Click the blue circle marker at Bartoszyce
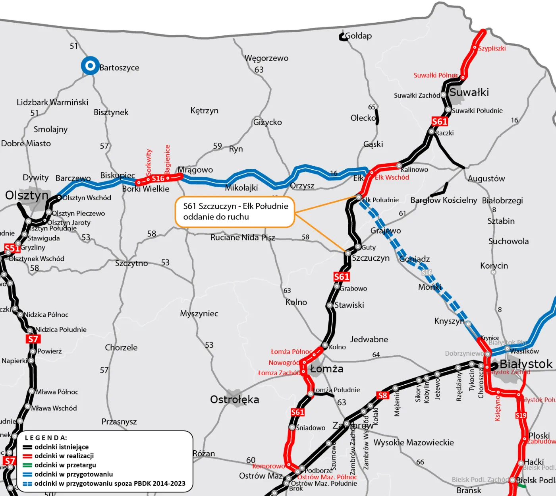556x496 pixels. pyautogui.click(x=90, y=66)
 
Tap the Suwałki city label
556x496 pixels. pyautogui.click(x=469, y=93)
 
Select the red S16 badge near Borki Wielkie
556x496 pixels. pyautogui.click(x=158, y=178)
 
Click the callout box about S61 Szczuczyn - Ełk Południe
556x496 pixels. pyautogui.click(x=235, y=211)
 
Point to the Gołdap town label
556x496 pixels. pyautogui.click(x=358, y=36)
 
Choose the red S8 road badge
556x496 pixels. pyautogui.click(x=382, y=395)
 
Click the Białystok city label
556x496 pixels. pyautogui.click(x=526, y=364)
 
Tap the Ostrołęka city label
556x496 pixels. pyautogui.click(x=234, y=399)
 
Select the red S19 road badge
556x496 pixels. pyautogui.click(x=521, y=415)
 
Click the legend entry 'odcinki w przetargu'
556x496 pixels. pyautogui.click(x=65, y=465)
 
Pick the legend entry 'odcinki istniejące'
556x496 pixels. pyautogui.click(x=62, y=447)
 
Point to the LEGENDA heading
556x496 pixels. pyautogui.click(x=46, y=438)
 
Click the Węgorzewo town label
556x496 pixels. pyautogui.click(x=266, y=58)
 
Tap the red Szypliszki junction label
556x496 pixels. pyautogui.click(x=492, y=48)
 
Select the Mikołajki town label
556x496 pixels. pyautogui.click(x=241, y=188)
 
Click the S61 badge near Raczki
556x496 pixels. pyautogui.click(x=440, y=121)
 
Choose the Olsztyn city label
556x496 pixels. pyautogui.click(x=27, y=196)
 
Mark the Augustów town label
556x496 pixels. pyautogui.click(x=486, y=179)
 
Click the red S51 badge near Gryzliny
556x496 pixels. pyautogui.click(x=12, y=248)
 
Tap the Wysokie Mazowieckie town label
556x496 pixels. pyautogui.click(x=413, y=442)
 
